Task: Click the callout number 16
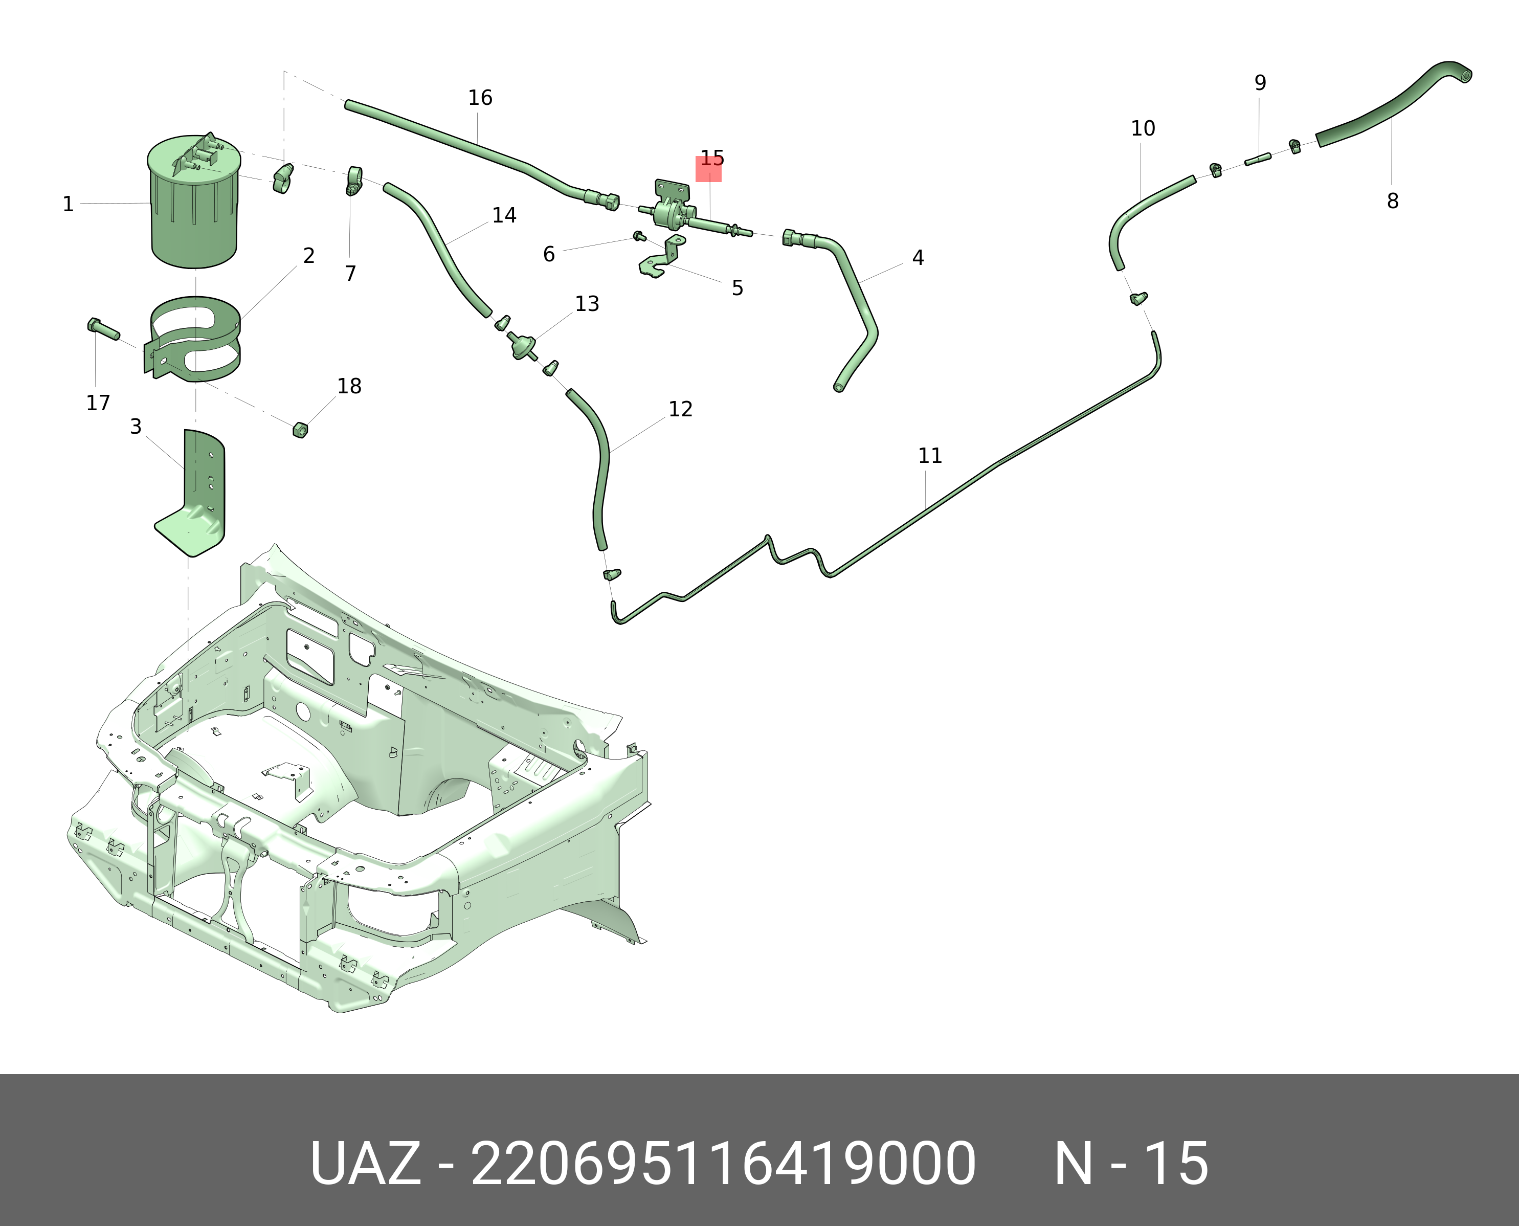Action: coord(480,98)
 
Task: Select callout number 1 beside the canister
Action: coord(68,204)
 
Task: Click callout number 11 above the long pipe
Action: coord(930,456)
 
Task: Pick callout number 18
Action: coord(349,386)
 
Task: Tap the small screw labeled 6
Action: coord(639,236)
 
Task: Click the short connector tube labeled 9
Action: coord(1258,160)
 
